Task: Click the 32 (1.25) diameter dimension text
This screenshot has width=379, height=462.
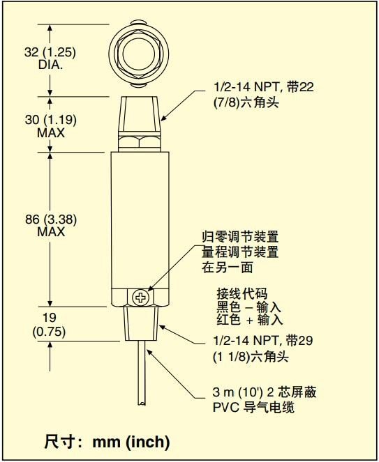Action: [50, 52]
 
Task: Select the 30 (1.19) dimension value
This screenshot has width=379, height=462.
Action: [51, 120]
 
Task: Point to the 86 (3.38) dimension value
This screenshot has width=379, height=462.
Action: [51, 220]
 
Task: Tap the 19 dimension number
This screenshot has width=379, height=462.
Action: [49, 318]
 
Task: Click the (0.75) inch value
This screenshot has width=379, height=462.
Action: [49, 332]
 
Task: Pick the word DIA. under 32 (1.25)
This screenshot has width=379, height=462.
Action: [50, 65]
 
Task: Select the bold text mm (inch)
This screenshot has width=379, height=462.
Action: [131, 442]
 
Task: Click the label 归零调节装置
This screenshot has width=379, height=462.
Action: [240, 237]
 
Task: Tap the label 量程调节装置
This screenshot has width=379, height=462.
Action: [240, 252]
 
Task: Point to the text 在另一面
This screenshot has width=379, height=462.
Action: [228, 268]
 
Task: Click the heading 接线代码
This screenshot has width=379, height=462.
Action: [242, 293]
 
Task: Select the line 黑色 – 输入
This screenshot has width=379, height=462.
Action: [248, 307]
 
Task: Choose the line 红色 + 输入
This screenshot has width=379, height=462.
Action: [250, 320]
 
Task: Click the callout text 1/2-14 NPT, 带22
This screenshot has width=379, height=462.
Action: [264, 87]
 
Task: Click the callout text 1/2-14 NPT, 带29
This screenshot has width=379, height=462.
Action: [263, 341]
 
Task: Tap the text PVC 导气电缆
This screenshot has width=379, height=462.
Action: [253, 408]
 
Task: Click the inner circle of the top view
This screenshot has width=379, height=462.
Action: [139, 54]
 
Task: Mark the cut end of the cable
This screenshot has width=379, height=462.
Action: [142, 404]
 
